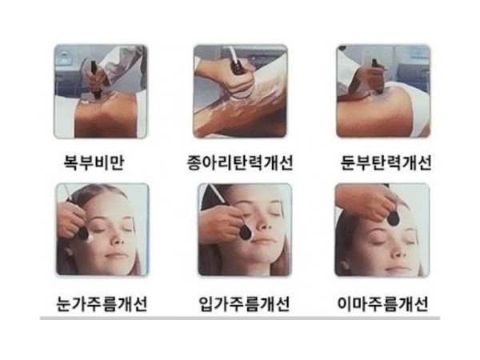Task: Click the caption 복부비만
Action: click(x=94, y=162)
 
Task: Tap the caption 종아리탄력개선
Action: click(x=240, y=162)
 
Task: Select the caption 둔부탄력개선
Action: click(x=386, y=162)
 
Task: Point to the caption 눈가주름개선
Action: click(x=102, y=304)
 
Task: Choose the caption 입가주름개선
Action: click(x=244, y=304)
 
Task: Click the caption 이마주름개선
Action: click(x=382, y=304)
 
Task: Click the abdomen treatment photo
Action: click(x=101, y=91)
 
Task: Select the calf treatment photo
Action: click(x=240, y=91)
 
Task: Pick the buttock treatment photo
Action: click(x=383, y=91)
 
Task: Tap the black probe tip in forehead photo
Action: click(x=393, y=218)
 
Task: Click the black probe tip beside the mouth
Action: click(x=246, y=232)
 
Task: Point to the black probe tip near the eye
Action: click(x=83, y=233)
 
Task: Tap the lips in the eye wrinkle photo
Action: click(x=115, y=255)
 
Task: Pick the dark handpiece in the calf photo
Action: click(x=238, y=70)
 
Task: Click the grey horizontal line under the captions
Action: click(x=240, y=318)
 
